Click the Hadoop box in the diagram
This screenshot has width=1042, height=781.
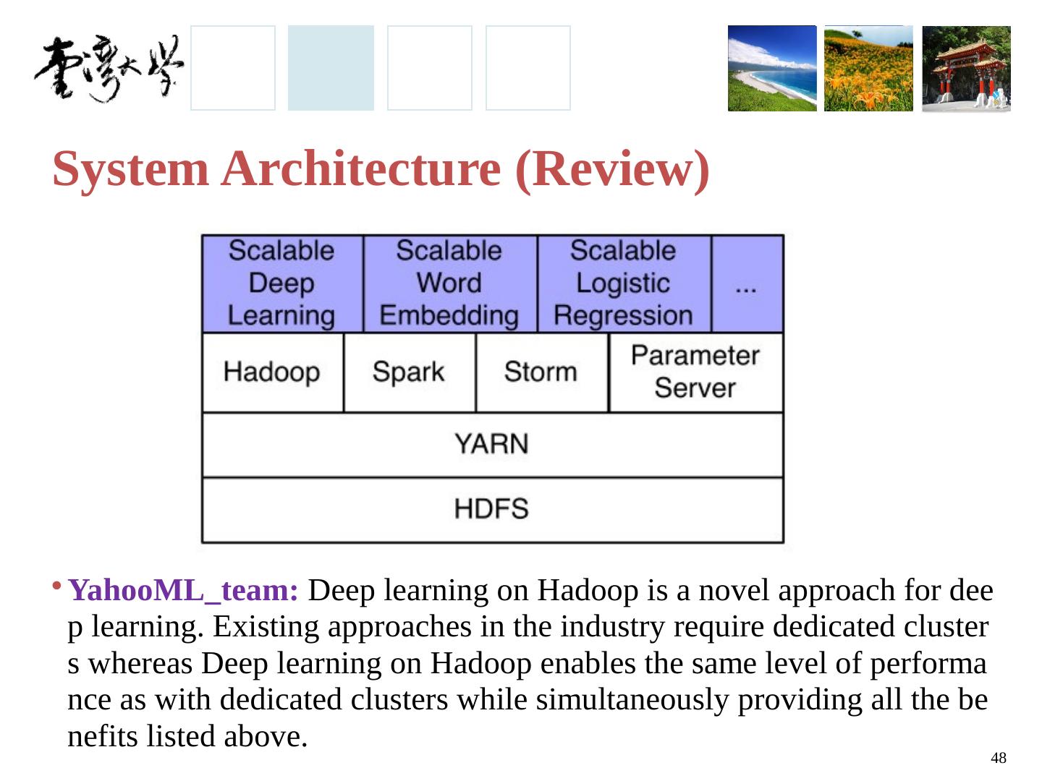point(272,372)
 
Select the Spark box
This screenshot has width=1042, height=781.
point(409,372)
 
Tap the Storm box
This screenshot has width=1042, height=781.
point(541,372)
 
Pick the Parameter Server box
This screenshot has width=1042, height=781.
point(695,372)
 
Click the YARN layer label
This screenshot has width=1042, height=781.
point(491,444)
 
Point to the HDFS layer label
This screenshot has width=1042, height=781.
point(491,509)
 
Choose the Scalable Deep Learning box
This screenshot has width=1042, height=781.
point(281,283)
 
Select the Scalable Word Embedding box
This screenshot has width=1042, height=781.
point(449,283)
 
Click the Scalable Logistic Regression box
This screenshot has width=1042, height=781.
point(624,283)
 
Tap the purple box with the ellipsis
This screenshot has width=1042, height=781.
point(747,283)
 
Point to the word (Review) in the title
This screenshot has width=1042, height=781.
point(612,169)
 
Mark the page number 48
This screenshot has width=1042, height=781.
point(998,758)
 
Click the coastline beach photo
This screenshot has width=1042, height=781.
point(771,69)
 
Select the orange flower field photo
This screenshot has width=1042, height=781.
point(868,69)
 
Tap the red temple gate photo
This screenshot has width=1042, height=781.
point(966,69)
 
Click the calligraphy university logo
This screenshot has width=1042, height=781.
point(109,69)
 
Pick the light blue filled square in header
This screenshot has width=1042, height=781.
point(331,68)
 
